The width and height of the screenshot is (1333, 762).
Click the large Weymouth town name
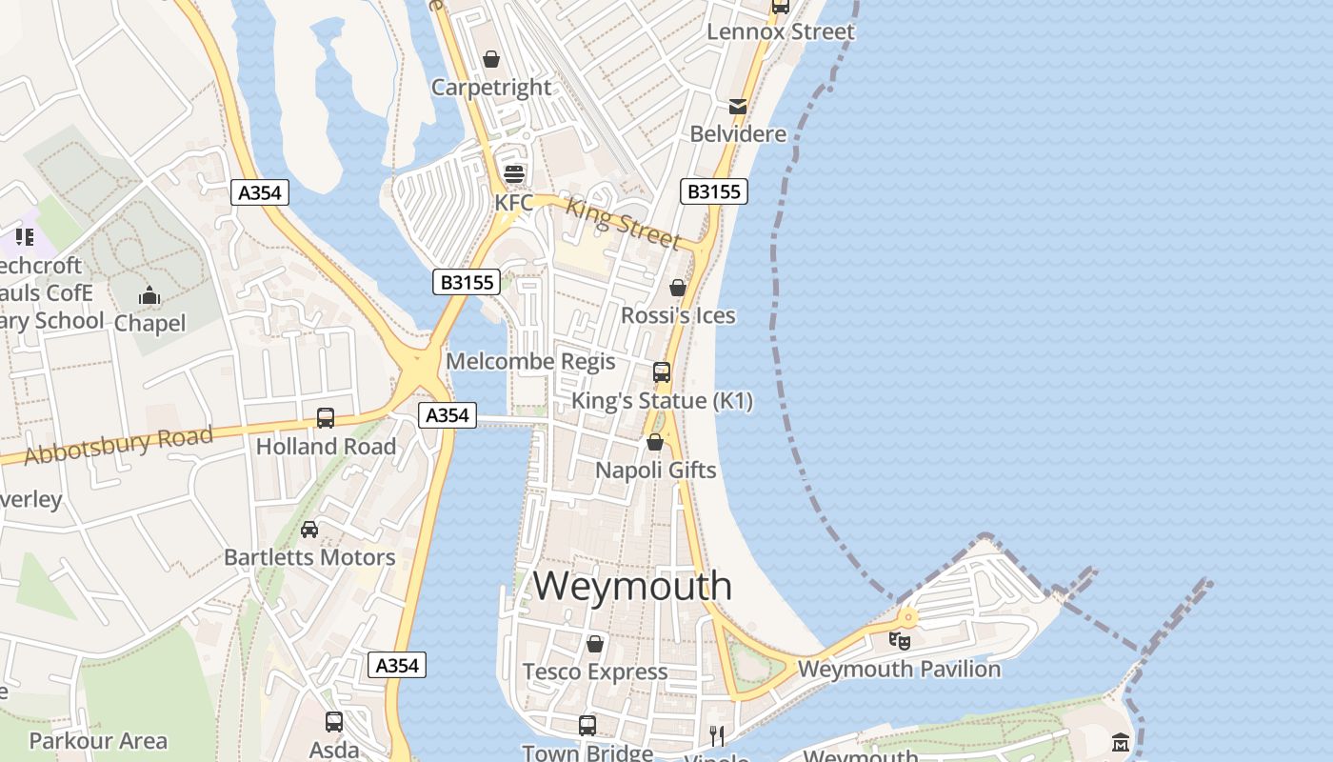[x=632, y=585]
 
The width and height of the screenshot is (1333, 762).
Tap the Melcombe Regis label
[x=530, y=362]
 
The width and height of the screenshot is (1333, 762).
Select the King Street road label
[x=624, y=223]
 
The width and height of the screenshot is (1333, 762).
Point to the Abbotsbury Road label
[x=118, y=446]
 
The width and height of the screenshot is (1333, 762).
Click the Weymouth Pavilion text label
[x=899, y=669]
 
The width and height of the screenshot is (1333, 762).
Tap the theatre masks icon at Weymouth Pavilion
[x=899, y=640]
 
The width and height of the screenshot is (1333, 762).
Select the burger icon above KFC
[x=514, y=174]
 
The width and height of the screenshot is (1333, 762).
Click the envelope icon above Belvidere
[x=738, y=106]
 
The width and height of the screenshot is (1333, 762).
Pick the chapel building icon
[x=149, y=296]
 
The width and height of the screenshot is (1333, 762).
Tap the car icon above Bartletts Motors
[x=309, y=530]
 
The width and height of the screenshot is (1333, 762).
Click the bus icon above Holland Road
[x=326, y=417]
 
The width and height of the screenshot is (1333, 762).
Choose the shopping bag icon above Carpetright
[x=491, y=60]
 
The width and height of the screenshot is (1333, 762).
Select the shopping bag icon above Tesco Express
[x=595, y=645]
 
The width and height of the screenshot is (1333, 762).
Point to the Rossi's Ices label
[x=678, y=315]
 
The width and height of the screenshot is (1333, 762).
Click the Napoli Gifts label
[x=655, y=470]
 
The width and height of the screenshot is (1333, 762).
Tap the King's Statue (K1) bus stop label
[x=662, y=401]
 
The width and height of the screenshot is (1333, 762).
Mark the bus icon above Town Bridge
[x=587, y=725]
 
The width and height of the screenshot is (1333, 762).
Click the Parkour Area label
[x=98, y=740]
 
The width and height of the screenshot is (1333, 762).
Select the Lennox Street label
[x=781, y=31]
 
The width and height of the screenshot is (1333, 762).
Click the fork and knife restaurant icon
[x=717, y=735]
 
